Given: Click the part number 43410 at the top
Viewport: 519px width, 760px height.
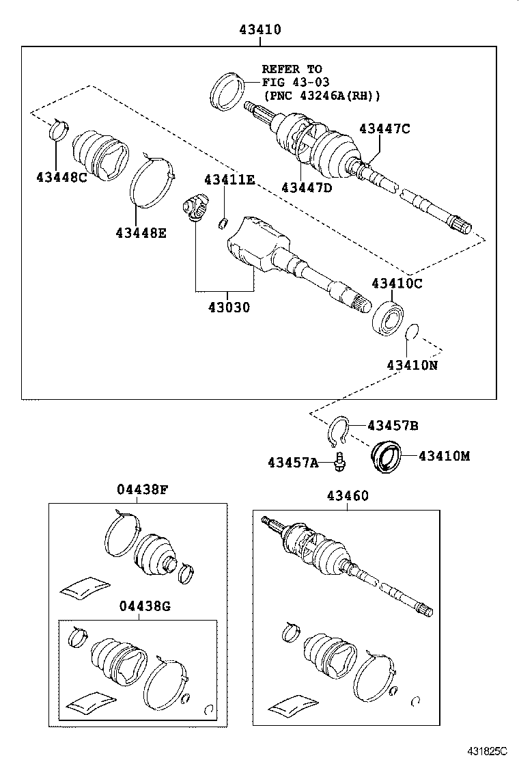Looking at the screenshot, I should point(260,29).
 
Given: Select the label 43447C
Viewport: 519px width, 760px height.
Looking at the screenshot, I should point(385,128).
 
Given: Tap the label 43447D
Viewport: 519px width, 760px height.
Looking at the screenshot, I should point(306,187).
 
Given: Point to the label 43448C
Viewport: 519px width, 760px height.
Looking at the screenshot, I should point(62,177).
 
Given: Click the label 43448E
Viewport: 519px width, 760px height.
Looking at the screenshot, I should point(141,232).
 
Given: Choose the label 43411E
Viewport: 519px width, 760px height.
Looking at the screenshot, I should point(229,179).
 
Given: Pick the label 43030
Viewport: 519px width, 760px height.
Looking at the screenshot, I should point(224,308).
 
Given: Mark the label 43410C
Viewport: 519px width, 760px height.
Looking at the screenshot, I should point(397,283).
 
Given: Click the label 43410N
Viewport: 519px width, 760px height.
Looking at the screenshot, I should point(412,365).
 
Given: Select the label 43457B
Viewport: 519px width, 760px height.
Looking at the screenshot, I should point(393,426).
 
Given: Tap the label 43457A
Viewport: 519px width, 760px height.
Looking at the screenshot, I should point(293,463).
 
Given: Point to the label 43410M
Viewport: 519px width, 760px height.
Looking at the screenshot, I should point(445,456).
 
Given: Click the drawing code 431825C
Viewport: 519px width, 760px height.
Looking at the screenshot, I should point(488,750).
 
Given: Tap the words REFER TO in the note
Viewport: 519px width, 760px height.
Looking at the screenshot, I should point(292,69).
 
